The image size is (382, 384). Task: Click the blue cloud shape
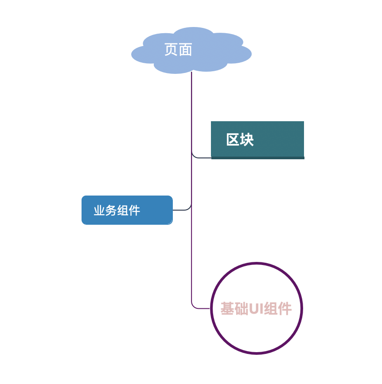(213, 55)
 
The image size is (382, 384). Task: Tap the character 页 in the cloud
(171, 50)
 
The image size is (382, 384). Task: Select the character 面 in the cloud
(185, 50)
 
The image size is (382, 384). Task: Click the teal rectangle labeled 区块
(275, 138)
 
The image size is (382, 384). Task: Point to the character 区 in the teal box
(233, 140)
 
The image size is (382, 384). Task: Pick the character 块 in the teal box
(247, 140)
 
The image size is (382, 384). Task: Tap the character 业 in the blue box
(99, 211)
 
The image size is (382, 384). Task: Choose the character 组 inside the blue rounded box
(123, 211)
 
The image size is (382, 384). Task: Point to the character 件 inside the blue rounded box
(135, 211)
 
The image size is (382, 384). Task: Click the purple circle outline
(257, 264)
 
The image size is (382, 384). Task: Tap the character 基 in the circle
(227, 309)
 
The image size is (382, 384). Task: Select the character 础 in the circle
(242, 309)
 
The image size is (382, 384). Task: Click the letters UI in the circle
(257, 309)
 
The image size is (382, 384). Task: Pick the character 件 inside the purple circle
(285, 309)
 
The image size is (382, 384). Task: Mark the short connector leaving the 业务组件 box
(181, 210)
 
